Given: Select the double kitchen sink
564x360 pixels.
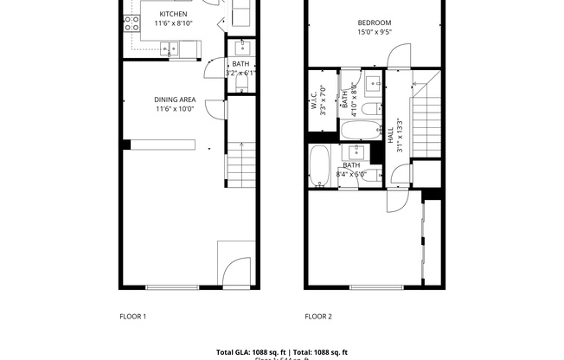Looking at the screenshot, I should click(174, 48).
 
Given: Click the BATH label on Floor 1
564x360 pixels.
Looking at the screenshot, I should click(240, 64).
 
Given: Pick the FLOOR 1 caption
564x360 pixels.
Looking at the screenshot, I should click(132, 317).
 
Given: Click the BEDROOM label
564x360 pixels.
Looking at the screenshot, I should click(374, 23).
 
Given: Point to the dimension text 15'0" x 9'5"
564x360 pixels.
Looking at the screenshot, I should click(374, 33).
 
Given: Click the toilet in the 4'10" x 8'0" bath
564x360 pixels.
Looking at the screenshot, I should click(368, 109).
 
